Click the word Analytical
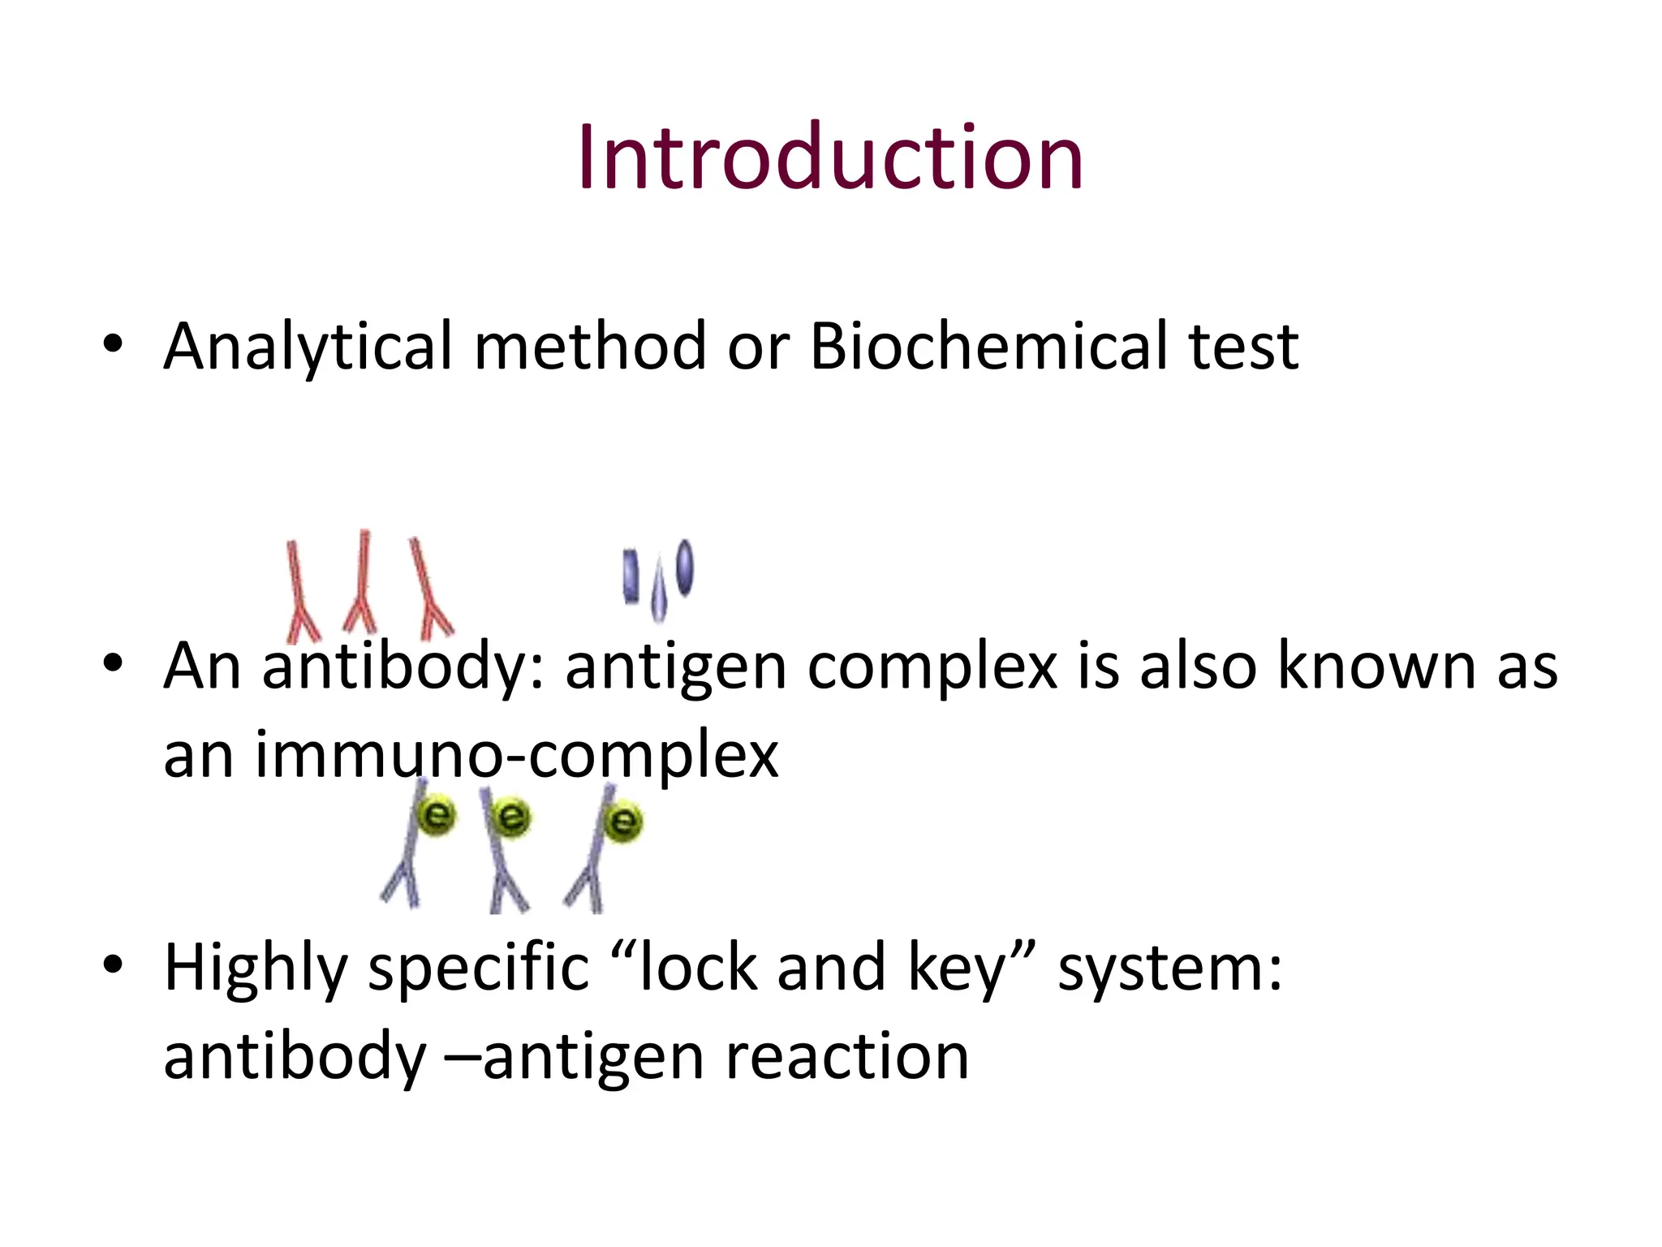308,347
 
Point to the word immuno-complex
516,755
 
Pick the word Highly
256,969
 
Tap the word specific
478,969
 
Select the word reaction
846,1057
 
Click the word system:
1169,969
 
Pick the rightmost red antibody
428,588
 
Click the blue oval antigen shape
685,567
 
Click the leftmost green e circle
437,814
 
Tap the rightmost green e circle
623,821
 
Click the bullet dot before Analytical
113,344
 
